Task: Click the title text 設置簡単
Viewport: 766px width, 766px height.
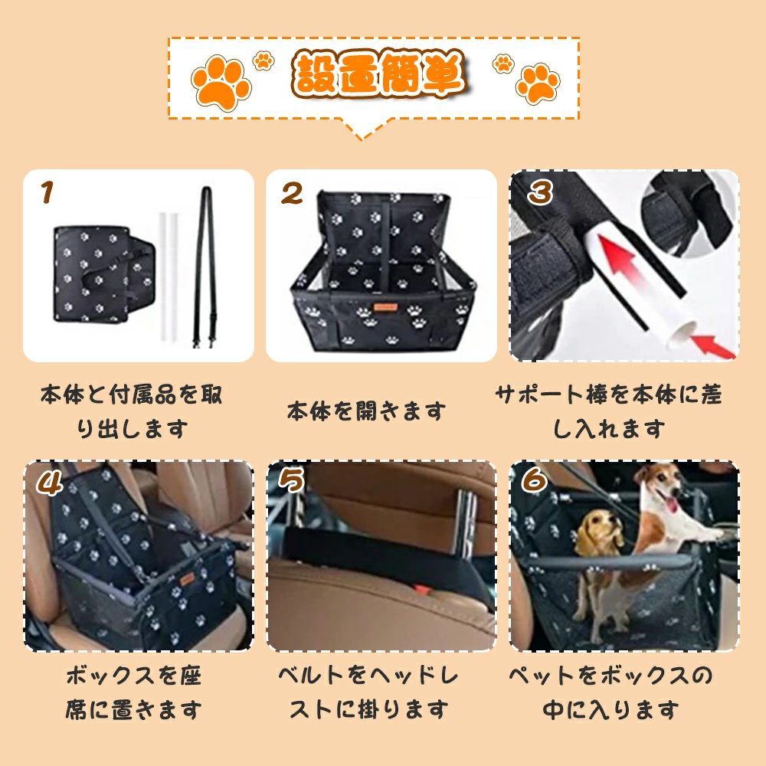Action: (x=379, y=74)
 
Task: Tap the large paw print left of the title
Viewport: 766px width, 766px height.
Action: (x=221, y=82)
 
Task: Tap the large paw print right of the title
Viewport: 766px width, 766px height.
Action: (x=538, y=83)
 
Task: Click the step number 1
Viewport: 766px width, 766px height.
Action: (x=47, y=192)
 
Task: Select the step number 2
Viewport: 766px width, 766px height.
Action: (x=292, y=193)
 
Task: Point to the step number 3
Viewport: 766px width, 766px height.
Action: (x=540, y=192)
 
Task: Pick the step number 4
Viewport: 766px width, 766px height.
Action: (x=49, y=483)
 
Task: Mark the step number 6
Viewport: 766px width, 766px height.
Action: (x=534, y=480)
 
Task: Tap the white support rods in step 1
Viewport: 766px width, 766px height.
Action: (x=168, y=277)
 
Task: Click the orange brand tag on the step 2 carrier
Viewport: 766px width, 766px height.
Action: (x=386, y=307)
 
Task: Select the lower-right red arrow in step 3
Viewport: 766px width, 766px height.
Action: (x=712, y=345)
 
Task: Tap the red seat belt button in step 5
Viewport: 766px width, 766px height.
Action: (x=422, y=590)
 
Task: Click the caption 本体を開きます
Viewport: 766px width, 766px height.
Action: (x=366, y=411)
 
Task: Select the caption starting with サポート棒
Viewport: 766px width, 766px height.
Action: (x=609, y=411)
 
